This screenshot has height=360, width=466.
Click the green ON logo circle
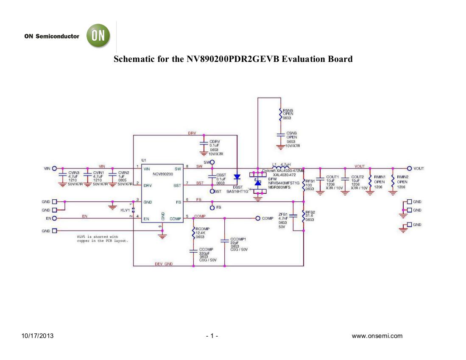coord(98,36)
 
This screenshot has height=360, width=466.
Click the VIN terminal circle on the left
coord(54,168)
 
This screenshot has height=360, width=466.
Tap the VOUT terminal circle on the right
coord(410,168)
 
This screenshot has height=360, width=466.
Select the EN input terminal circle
coord(54,218)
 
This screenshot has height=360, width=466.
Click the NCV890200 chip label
coord(157,174)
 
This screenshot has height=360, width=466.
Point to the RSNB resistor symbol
coord(280,115)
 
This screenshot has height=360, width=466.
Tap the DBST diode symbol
coord(237,177)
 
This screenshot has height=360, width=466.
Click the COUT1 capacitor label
coord(332,176)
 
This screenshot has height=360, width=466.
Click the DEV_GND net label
coord(163,264)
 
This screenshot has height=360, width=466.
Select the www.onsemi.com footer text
coord(377,336)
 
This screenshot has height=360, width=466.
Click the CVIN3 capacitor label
coord(74,173)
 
